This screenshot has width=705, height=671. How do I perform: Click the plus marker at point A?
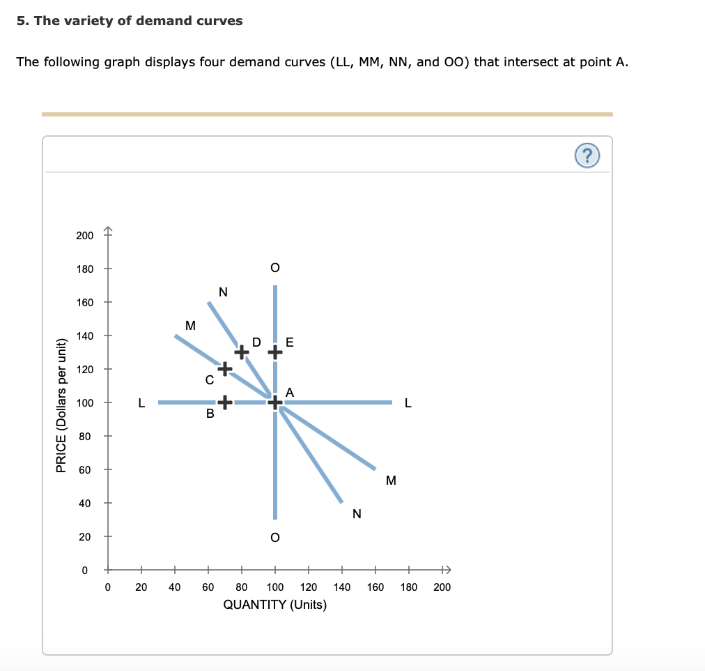(275, 402)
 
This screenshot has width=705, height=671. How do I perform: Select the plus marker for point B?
(224, 402)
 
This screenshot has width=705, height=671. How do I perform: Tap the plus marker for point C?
(224, 368)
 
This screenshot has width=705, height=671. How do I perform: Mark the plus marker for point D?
(241, 352)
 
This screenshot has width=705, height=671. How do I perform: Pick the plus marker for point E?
(275, 352)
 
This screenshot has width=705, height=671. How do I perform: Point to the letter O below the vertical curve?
(275, 538)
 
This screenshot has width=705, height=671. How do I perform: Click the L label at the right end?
(408, 402)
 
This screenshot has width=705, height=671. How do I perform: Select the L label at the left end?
(141, 402)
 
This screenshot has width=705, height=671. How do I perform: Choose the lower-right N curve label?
(357, 515)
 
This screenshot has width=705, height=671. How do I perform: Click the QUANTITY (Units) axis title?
(275, 605)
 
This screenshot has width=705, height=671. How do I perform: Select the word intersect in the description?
(531, 62)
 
